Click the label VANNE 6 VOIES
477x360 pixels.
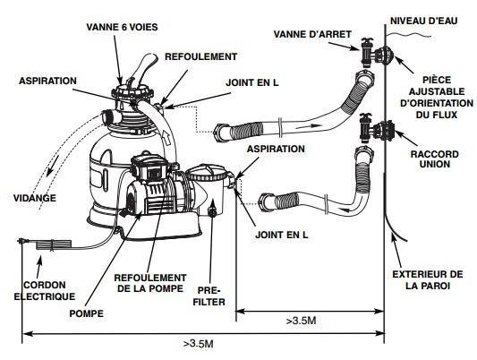(122, 27)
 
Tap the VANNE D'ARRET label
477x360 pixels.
(312, 34)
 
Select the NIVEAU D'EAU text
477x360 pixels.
(424, 21)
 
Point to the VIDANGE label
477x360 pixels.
(35, 198)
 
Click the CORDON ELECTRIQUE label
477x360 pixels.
(45, 291)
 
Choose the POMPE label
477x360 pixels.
(87, 313)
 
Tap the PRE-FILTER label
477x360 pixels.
(209, 296)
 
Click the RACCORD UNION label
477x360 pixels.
(434, 159)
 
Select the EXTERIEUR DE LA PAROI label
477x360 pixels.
(428, 280)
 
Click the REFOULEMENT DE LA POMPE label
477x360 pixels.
(150, 283)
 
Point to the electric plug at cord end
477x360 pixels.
(23, 241)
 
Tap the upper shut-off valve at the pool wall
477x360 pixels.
(367, 52)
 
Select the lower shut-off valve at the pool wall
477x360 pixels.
(366, 128)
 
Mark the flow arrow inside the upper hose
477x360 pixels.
(309, 126)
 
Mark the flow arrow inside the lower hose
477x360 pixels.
(350, 209)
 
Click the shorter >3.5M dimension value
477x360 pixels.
(302, 321)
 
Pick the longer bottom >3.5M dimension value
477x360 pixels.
(198, 344)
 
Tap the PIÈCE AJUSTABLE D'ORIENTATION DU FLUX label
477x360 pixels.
(437, 98)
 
